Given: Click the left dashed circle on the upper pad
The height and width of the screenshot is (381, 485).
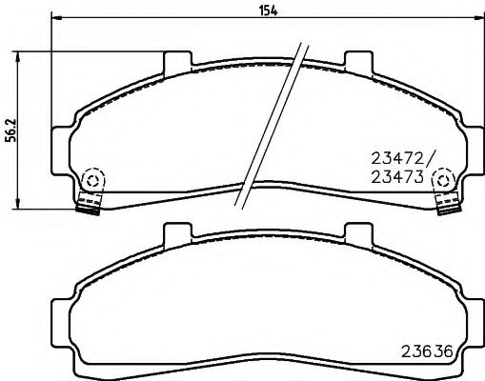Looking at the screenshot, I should [91, 180].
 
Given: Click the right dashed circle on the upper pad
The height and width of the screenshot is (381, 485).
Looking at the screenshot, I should [444, 180].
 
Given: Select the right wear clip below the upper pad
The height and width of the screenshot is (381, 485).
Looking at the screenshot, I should [445, 204].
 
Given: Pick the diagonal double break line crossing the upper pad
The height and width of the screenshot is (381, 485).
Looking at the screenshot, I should [276, 124].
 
